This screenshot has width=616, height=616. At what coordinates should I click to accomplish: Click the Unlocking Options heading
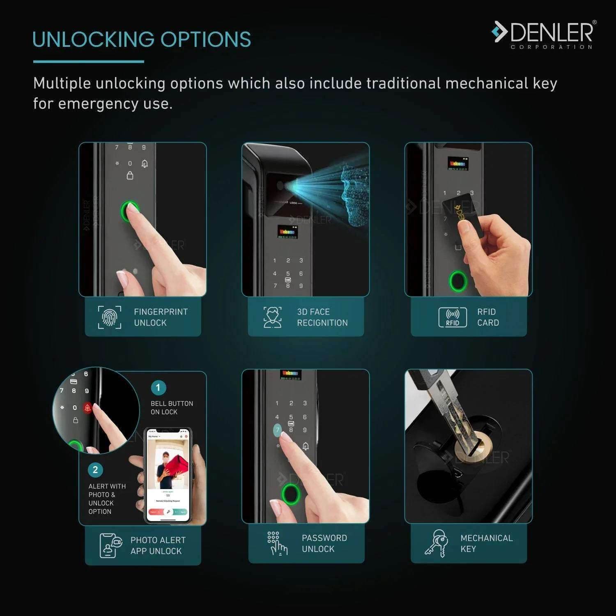point(142,39)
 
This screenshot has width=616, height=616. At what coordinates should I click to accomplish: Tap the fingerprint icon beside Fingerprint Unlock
point(110,317)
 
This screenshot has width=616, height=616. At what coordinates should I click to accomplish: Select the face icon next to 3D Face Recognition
point(272,317)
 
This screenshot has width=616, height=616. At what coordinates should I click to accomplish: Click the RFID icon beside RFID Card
point(453,317)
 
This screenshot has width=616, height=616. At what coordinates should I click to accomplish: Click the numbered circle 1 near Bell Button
point(158,388)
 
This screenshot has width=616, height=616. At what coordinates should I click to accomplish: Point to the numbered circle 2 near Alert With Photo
point(95,470)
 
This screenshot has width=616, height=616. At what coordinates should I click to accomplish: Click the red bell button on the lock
point(87,408)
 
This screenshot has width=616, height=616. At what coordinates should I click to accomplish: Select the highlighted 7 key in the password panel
point(278,430)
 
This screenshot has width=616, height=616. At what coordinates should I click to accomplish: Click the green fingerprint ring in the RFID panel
point(458,281)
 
